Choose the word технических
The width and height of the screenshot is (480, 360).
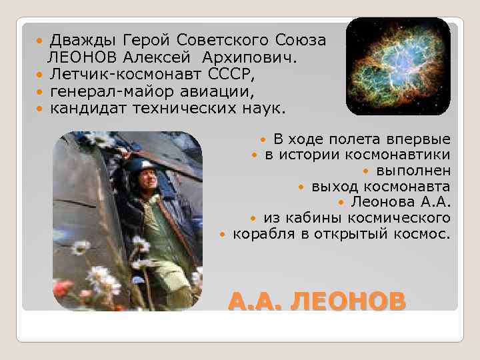(x=177, y=107)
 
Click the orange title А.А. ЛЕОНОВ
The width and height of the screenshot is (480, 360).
(x=316, y=302)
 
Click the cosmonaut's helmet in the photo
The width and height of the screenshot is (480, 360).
(x=142, y=166)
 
